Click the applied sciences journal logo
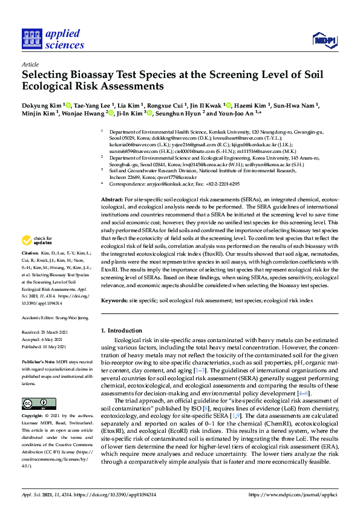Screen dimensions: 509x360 [x=53, y=39]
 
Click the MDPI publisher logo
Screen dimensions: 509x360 [x=324, y=41]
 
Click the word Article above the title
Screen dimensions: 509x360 [x=30, y=63]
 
